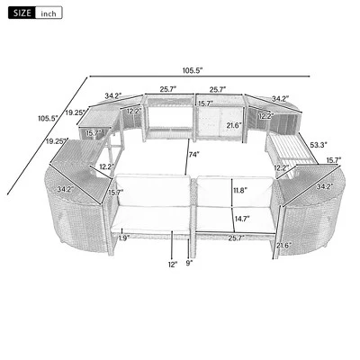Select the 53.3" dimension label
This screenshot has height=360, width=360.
(x=317, y=143)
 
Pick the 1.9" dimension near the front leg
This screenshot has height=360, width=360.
(x=124, y=238)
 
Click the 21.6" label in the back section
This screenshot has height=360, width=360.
(x=234, y=125)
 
